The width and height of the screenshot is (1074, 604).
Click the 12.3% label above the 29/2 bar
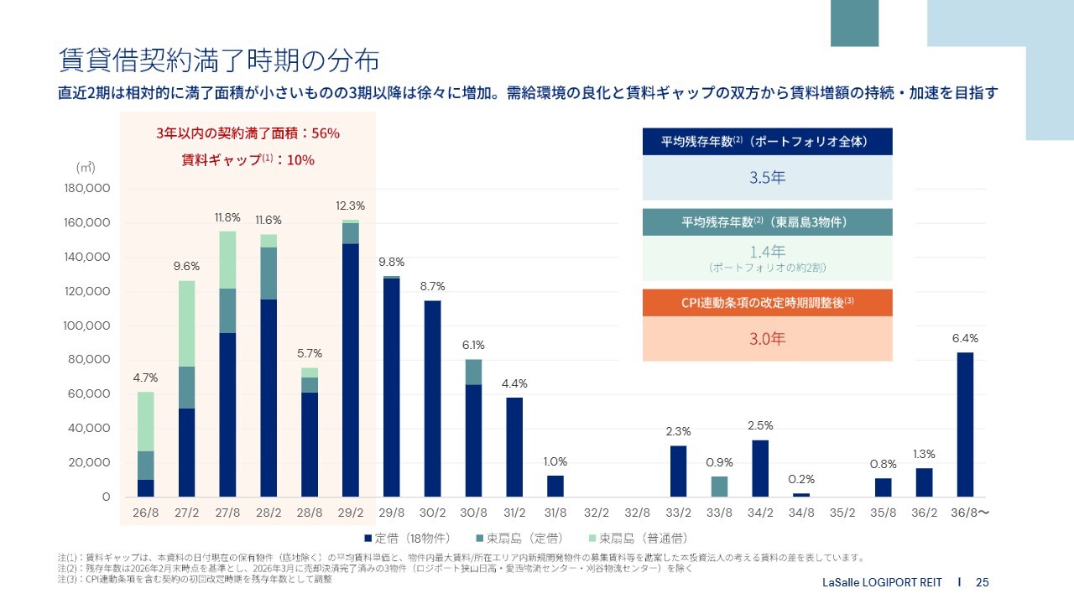[350, 206]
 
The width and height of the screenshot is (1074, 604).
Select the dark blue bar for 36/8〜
[965, 424]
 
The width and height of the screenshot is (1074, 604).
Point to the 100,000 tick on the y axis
[87, 325]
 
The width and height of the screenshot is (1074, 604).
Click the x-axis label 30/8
[473, 512]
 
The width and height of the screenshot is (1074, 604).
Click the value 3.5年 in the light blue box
[767, 178]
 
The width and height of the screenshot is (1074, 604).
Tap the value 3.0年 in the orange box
[767, 339]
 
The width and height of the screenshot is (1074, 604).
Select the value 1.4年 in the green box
[767, 251]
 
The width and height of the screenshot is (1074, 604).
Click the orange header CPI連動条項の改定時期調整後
[767, 303]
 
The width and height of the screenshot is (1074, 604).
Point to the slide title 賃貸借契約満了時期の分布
[218, 60]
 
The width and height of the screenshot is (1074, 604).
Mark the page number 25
[983, 582]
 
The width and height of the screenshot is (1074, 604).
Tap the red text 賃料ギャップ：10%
[248, 159]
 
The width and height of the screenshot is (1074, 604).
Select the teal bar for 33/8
[719, 487]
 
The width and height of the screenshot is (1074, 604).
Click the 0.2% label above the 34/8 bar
[801, 479]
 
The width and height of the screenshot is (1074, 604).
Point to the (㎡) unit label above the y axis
[86, 167]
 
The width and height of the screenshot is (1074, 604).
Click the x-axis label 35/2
[842, 512]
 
